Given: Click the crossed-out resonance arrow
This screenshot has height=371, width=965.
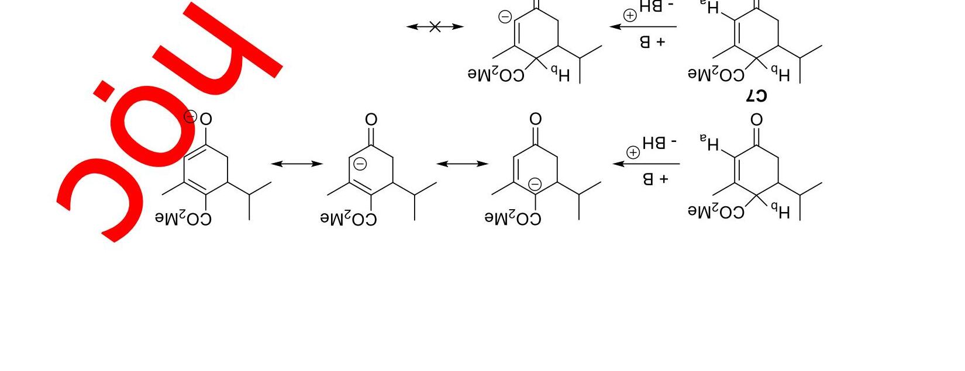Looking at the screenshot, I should coord(435,26).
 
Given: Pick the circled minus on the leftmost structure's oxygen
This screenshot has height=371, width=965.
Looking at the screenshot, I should coord(190,116).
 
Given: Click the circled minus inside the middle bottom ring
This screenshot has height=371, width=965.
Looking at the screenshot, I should coord(360,164).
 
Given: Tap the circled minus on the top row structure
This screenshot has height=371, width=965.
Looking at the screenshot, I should coord(505,17).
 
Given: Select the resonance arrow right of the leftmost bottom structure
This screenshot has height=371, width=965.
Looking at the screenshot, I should coord(297,164).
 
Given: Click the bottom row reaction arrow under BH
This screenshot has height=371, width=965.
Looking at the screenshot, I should coord(646,164).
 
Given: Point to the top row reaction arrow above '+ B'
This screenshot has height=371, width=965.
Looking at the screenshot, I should coord(643,26).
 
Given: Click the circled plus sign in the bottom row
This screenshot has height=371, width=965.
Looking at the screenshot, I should coord(633,152).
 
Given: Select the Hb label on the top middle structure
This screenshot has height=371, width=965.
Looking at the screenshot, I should coord(559,74).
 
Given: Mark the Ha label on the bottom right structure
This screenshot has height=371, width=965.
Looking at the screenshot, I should coord(709,143).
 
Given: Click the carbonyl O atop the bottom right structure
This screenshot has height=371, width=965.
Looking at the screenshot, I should coord(756,120).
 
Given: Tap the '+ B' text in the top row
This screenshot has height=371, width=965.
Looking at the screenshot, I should coord(652,42).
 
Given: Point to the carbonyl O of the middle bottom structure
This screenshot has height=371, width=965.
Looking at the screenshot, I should coord(371,120).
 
